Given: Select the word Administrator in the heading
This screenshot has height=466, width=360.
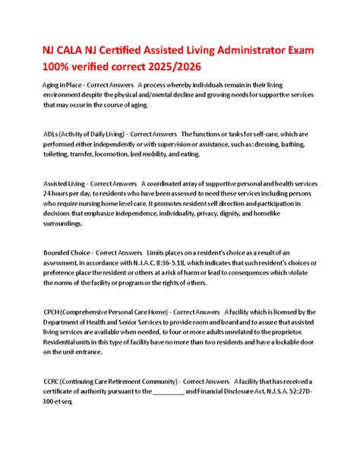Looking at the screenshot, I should pos(243,49).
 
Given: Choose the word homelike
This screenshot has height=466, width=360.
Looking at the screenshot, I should pos(273,214).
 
